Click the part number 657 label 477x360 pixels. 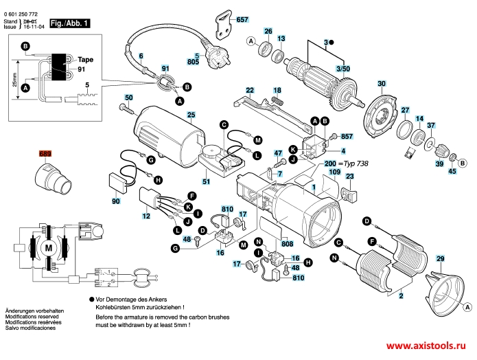[x=242, y=20]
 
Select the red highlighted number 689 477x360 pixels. [x=45, y=154]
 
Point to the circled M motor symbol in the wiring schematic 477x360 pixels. [x=48, y=247]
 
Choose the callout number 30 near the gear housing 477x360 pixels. [x=381, y=84]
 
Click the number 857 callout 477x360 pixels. [x=346, y=137]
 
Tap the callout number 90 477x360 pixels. [x=115, y=201]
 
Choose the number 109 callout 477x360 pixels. [x=334, y=171]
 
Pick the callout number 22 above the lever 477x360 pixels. [x=250, y=90]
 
